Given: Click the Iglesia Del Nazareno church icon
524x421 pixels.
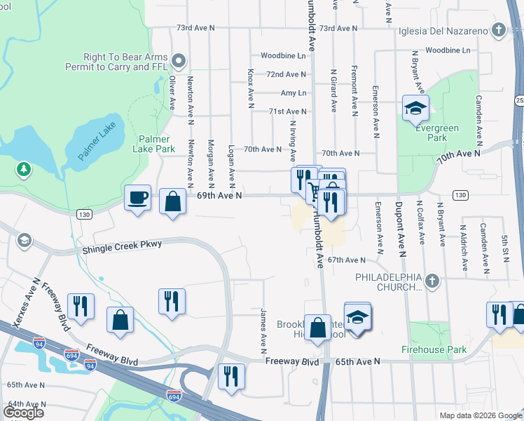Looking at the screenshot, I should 498,29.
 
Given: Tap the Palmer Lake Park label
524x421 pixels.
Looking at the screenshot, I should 156,144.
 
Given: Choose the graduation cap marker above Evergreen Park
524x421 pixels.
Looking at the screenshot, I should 415,108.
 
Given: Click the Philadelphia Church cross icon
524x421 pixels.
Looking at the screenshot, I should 432,282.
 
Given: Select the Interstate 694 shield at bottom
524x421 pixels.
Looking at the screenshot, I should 174,397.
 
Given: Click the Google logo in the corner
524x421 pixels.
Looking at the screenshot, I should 22,412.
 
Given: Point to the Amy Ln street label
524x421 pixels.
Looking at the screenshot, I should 293,93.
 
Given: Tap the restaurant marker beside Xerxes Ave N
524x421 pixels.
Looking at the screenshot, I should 81,305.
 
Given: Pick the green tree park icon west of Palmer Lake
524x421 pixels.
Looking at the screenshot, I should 24,169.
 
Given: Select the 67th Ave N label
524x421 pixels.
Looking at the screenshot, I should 347,260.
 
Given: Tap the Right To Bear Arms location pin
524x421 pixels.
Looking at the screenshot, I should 179,60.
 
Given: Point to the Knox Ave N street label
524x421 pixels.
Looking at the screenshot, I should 250,88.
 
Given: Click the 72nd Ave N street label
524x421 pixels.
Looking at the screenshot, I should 287,74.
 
